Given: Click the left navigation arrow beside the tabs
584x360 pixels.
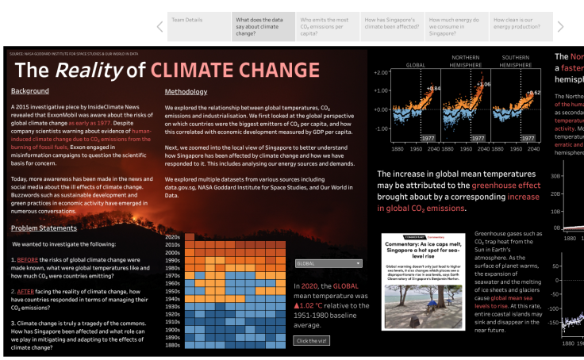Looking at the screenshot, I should click(159, 27).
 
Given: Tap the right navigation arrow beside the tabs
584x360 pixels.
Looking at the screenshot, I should click(562, 27).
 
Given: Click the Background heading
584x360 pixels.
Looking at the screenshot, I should click(30, 91).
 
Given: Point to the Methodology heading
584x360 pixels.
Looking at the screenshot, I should click(186, 91).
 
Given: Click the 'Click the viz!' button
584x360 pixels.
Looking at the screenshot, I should click(312, 340).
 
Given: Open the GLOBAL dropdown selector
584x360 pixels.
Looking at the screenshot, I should click(328, 263).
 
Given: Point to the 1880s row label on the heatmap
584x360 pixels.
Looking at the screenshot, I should click(172, 347).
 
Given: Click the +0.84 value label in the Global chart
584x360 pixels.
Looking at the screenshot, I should click(433, 88).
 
